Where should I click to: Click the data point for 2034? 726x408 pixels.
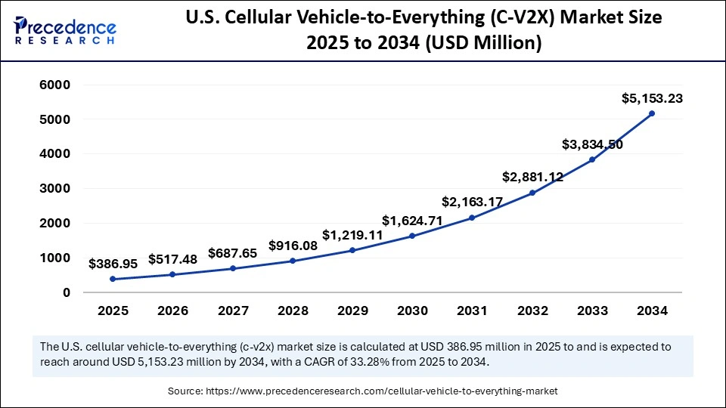pos(652,113)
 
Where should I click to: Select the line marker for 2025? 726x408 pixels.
pos(113,279)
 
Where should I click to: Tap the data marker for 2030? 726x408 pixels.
pos(412,236)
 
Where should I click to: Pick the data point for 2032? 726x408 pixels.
pos(532,193)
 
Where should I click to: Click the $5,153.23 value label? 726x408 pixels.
pos(652,98)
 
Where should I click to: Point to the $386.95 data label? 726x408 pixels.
pos(113,264)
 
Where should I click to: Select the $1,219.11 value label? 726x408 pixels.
pos(352,234)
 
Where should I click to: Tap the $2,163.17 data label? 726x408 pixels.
pos(472,202)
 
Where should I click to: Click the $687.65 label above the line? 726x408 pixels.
pos(232,253)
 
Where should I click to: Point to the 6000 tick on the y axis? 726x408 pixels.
pos(54,85)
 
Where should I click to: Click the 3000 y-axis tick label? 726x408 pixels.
pos(54,189)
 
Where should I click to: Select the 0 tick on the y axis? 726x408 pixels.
pos(67,292)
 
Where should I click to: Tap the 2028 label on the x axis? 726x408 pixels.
pos(292,311)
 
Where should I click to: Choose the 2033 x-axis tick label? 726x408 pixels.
pos(592,311)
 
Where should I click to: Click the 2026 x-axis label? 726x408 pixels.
pos(172,311)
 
